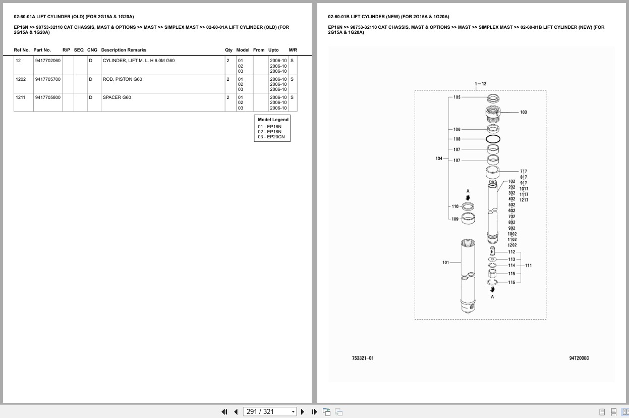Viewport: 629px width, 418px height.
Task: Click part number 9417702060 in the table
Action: (48, 61)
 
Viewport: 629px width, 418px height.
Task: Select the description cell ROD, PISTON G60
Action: (123, 79)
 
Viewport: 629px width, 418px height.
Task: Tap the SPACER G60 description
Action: (117, 97)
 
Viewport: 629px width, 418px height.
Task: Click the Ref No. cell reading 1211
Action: (20, 97)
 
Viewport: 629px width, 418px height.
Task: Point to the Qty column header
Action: (228, 50)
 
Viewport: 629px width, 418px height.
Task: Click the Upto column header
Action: (273, 50)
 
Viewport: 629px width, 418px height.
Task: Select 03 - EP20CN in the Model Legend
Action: (271, 137)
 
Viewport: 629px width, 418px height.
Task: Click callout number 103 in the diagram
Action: (524, 112)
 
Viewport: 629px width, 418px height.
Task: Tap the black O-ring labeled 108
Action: (493, 139)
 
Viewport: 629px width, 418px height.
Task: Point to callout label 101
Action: (445, 263)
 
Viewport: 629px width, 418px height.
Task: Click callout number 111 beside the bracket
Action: (528, 266)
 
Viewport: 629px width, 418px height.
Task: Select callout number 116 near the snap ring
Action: (511, 282)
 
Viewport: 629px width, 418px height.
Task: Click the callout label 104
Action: (439, 159)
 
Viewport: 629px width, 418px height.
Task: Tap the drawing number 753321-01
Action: (363, 358)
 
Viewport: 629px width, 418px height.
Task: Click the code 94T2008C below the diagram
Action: (579, 358)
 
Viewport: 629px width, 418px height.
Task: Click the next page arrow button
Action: (303, 412)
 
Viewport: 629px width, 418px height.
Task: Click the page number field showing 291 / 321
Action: (269, 412)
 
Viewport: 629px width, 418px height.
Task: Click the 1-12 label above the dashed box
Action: (481, 84)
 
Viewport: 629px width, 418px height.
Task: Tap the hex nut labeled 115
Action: (492, 273)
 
